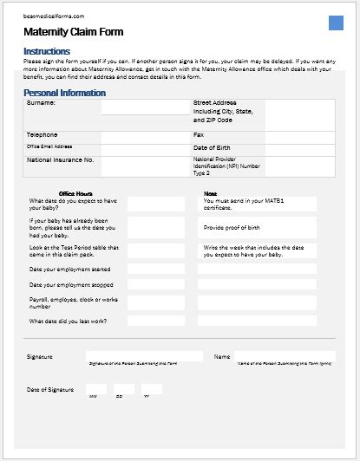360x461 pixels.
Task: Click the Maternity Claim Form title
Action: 74,32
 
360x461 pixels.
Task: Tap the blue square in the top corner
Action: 337,23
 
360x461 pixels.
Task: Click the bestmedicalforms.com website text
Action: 54,16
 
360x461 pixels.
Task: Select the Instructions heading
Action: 48,51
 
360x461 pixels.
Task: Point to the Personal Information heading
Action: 65,92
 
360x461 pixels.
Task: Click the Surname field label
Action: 42,103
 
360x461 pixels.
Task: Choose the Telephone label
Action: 43,135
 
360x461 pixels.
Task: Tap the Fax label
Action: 199,135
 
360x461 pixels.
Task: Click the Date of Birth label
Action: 213,147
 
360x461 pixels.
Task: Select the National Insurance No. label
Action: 61,160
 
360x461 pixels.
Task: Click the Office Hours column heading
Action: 75,193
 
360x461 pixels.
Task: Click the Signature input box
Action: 144,355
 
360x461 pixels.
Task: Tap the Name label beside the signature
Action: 221,356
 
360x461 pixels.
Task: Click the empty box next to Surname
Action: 145,107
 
